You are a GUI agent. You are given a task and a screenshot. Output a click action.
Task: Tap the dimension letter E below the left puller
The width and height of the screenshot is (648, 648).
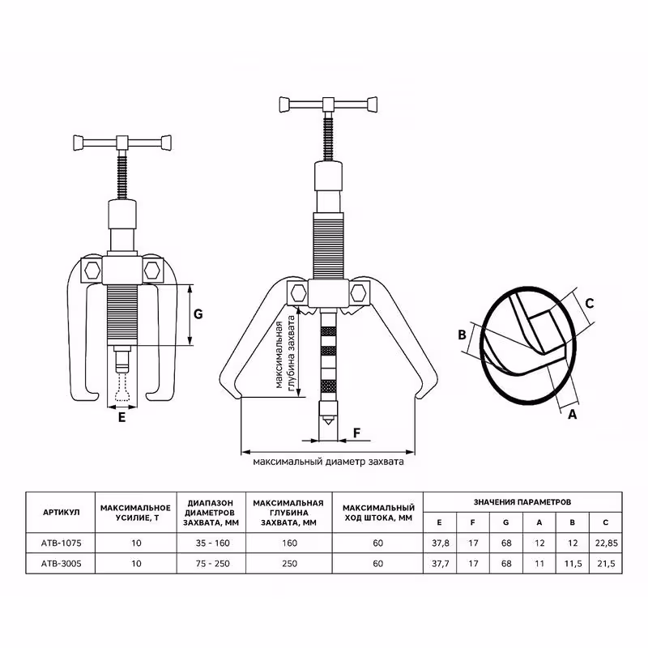coord(122,418)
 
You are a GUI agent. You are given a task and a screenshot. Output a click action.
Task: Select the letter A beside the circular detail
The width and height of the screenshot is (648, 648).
coord(572,413)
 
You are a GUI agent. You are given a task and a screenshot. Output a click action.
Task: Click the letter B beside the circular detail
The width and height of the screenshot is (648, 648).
coord(462,335)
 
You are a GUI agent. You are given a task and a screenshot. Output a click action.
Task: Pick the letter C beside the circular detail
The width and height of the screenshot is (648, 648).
coord(590,303)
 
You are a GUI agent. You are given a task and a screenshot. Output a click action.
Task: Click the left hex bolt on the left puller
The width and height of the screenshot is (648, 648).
coord(92,269)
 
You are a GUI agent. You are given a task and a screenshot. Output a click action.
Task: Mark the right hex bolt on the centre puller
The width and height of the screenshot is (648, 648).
coord(361,291)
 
